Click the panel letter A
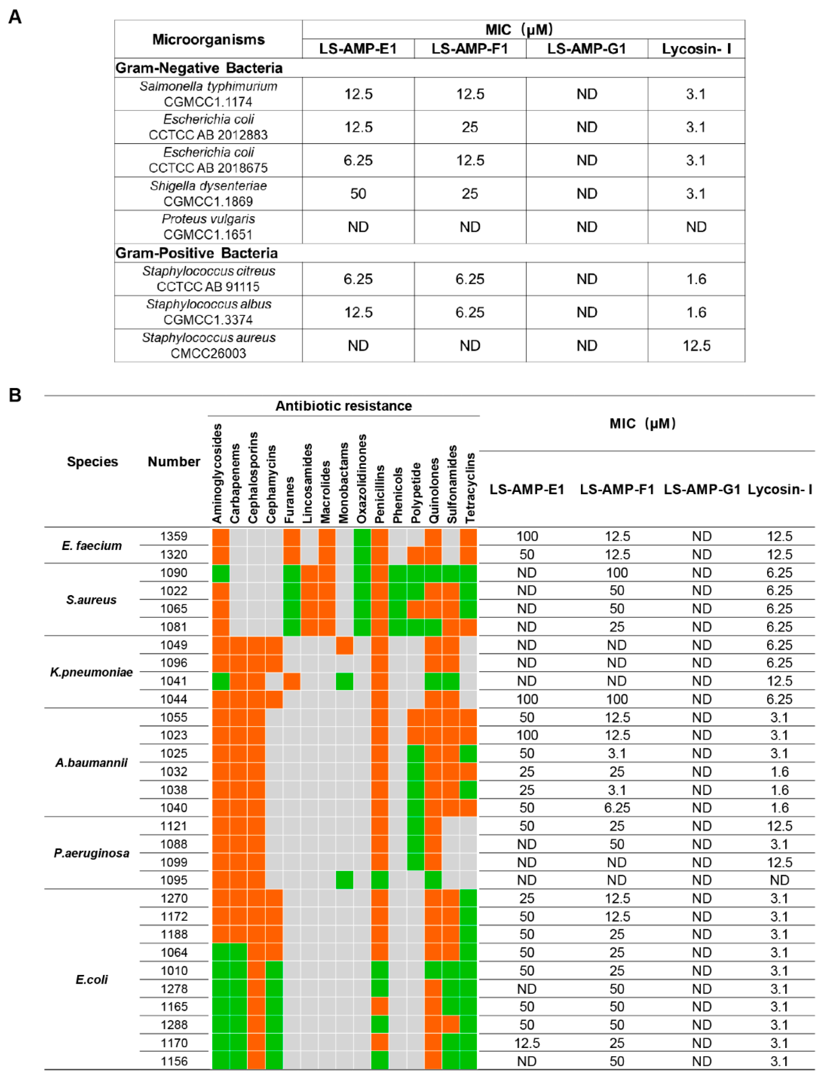[15, 17]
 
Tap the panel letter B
[15, 395]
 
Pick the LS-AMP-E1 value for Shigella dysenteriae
[358, 194]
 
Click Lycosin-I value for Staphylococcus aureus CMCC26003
[696, 346]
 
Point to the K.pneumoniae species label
[91, 672]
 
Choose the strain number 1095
[174, 880]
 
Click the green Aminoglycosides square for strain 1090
[221, 573]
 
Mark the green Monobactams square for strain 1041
[344, 681]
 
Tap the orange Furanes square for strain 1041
[291, 681]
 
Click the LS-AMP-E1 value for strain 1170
[527, 1043]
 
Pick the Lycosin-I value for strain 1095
[779, 880]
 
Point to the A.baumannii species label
[91, 762]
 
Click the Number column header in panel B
[174, 462]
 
